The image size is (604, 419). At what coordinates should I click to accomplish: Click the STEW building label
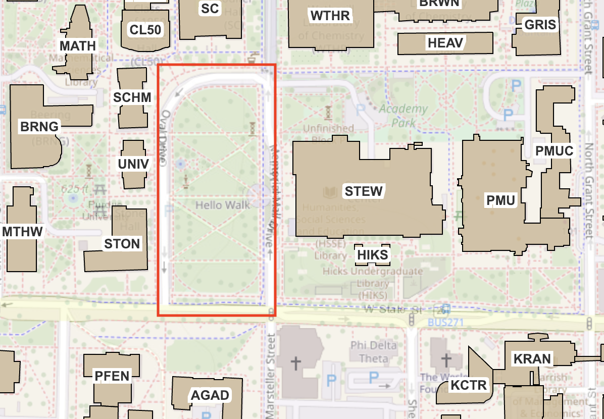tap(364, 191)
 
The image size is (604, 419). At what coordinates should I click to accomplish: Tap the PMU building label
tap(500, 200)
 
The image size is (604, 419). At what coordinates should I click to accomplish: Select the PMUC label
tap(554, 150)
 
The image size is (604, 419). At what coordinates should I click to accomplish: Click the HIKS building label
tap(373, 255)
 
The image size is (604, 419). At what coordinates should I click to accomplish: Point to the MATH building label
tap(78, 46)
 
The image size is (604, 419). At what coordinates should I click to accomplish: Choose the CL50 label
tap(145, 30)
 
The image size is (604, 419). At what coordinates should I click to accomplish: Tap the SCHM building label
tap(132, 97)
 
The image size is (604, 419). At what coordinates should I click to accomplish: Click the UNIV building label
tap(133, 164)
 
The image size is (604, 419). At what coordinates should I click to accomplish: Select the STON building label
tap(122, 244)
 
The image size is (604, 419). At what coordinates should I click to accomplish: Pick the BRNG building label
tap(39, 126)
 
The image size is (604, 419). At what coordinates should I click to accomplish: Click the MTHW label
tap(23, 232)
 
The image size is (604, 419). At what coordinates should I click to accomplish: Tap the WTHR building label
tap(330, 16)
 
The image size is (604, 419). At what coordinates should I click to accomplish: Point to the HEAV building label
tap(445, 43)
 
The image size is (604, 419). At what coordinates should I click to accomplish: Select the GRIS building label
tap(540, 25)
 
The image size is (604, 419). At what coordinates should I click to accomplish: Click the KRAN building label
tap(532, 359)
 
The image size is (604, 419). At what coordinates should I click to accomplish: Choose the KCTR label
tap(468, 386)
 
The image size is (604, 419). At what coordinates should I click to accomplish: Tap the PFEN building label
tap(112, 376)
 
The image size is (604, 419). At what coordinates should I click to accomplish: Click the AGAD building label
tap(210, 395)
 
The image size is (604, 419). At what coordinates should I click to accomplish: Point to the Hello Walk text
tap(223, 205)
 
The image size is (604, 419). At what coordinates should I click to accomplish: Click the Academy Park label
tap(404, 115)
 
